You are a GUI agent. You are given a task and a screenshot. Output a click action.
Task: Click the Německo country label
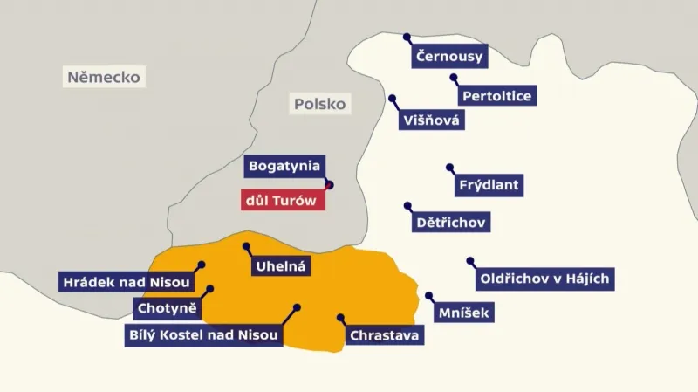coord(104,77)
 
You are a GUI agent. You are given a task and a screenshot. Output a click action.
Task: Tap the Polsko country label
coord(319,104)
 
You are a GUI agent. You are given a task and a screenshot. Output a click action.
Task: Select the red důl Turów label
coord(284,200)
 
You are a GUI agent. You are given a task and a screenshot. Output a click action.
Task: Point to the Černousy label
coord(449,58)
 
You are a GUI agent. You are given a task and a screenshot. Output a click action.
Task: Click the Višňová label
coord(431,120)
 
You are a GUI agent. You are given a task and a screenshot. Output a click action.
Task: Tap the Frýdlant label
coord(489,185)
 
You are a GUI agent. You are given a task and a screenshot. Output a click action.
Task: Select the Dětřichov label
coord(450,223)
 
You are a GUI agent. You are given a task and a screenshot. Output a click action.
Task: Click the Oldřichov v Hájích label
coord(545,279)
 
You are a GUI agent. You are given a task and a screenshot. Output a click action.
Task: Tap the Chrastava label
coord(385,334)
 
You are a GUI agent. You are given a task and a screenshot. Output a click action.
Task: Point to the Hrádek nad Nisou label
coord(125,281)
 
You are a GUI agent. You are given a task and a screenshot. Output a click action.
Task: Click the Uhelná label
coord(279,266)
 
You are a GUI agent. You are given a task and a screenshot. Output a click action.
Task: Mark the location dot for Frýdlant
coord(450,166)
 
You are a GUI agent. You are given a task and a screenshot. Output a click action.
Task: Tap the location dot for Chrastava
coord(340,318)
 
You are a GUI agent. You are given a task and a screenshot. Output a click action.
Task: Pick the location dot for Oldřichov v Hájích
coord(469,260)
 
